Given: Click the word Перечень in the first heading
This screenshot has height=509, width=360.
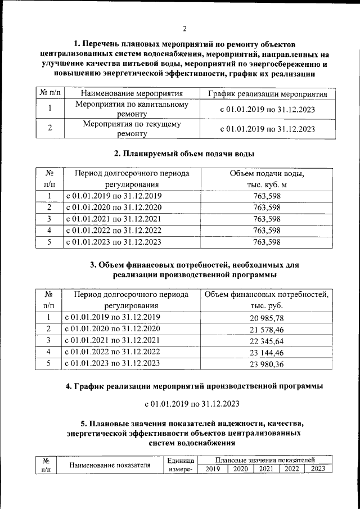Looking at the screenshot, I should coord(106,44).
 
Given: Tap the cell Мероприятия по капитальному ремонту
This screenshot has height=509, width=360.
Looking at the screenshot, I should coord(132,109).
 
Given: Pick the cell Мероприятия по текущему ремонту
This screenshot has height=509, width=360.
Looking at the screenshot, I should coord(132,129).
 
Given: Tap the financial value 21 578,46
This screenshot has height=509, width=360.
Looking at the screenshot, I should coord(267,329).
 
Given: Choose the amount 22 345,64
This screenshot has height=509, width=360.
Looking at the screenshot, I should coord(267,341).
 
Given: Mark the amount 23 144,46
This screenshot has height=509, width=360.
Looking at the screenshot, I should coord(267,352).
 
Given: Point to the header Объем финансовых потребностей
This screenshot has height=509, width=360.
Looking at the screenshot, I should coord(267,295).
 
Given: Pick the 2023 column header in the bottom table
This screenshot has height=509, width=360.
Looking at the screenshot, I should coord(318,469).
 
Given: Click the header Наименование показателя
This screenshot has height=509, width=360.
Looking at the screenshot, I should coord(111,465).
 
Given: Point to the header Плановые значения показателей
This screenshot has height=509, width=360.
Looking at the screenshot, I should coord(264,460).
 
